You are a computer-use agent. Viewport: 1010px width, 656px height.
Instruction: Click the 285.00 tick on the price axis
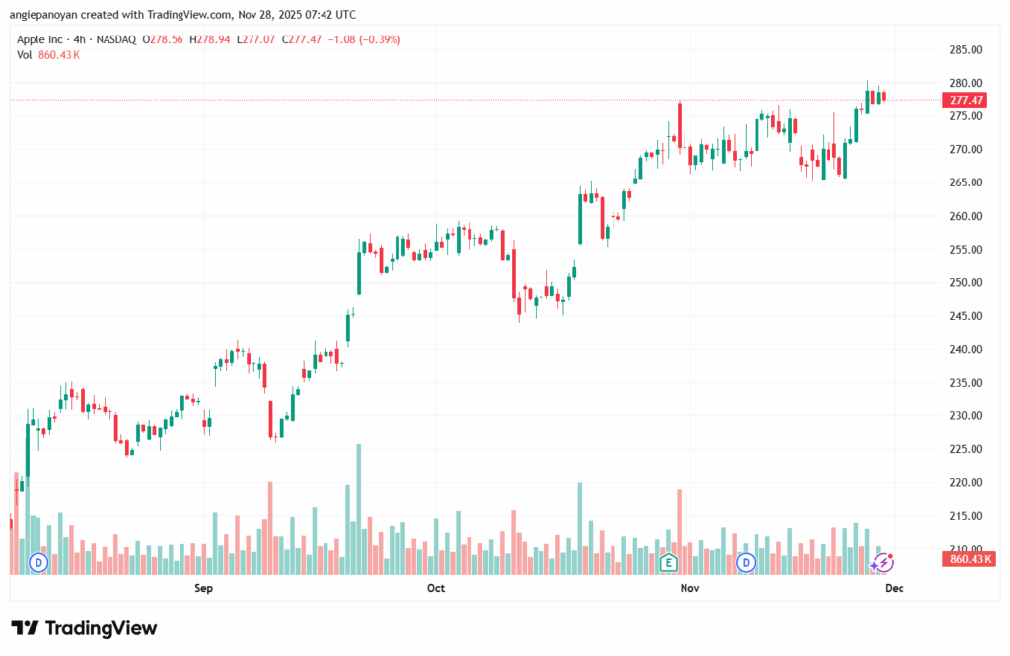coord(965,49)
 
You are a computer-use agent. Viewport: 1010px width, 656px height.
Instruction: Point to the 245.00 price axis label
coord(965,316)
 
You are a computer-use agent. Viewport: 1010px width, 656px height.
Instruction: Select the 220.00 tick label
coord(965,482)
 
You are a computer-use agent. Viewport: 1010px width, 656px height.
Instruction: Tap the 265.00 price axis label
coord(965,182)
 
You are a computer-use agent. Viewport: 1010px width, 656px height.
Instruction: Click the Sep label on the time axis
coord(204,588)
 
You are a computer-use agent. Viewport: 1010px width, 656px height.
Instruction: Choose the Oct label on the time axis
coord(436,588)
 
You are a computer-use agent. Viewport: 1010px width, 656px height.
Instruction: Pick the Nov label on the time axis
coord(689,588)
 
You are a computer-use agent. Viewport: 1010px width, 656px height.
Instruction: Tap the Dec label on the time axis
coord(894,588)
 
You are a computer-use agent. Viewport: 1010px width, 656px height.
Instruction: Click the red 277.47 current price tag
coord(966,101)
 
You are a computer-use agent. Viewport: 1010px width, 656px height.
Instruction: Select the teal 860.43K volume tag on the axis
coord(969,559)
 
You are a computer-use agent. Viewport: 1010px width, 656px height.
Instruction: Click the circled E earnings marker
coord(669,562)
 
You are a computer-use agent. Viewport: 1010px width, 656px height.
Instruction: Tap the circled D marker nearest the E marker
coord(747,562)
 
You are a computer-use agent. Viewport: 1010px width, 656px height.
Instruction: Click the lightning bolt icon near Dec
coord(884,562)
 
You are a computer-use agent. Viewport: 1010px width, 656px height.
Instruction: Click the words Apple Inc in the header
coord(42,39)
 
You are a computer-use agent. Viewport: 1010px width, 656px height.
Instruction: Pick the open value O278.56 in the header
coord(165,39)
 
